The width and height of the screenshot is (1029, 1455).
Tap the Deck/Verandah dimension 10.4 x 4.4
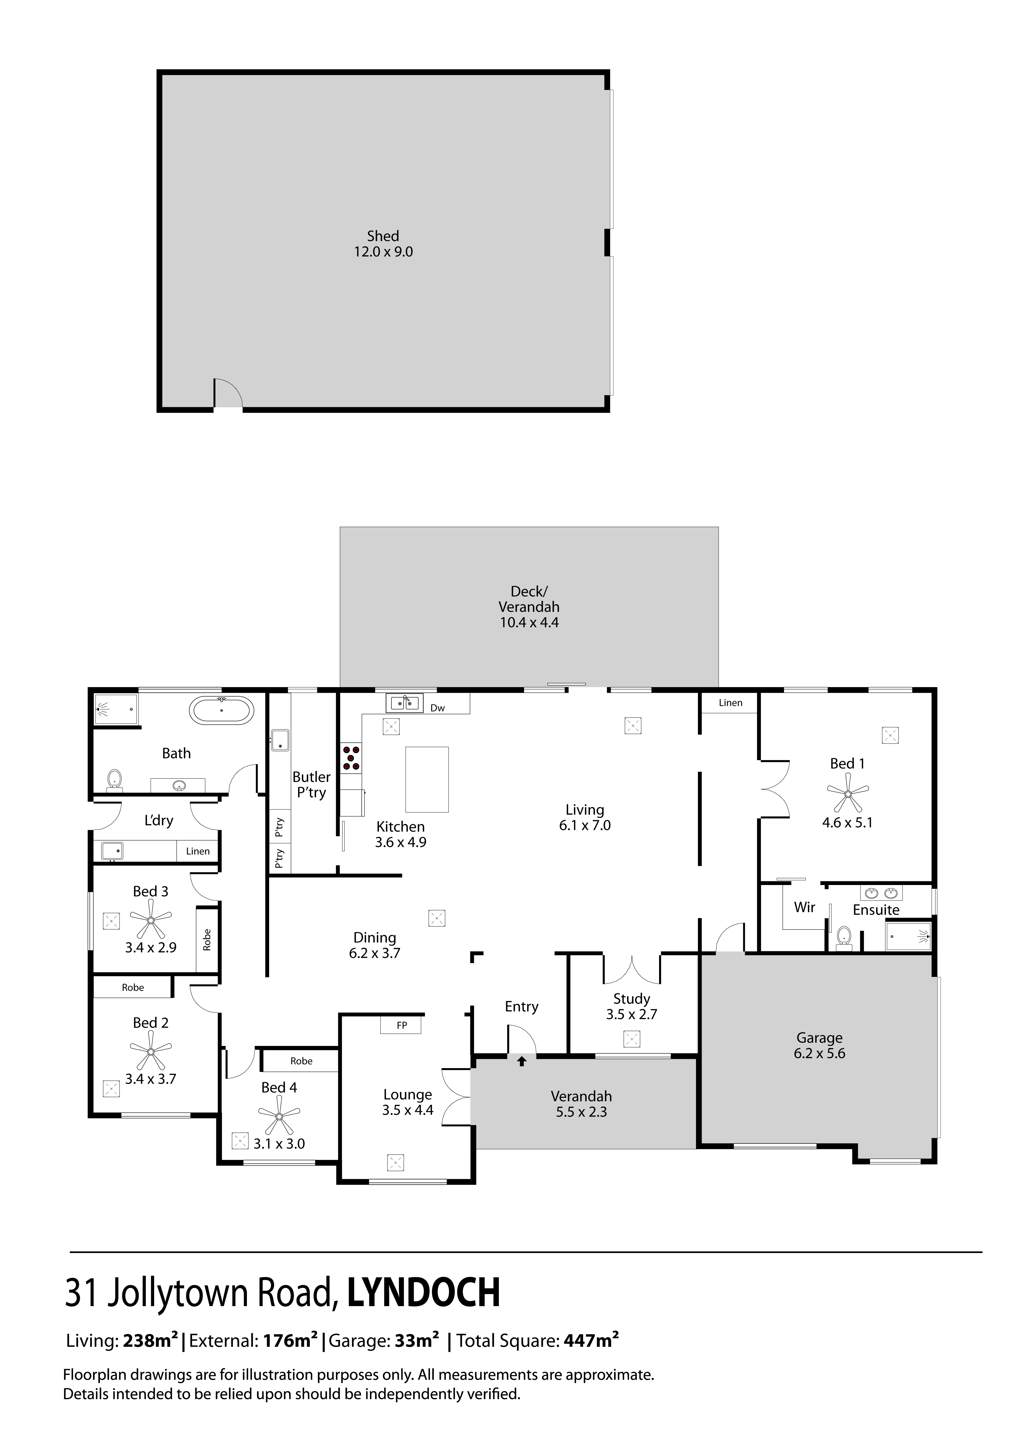pyautogui.click(x=529, y=622)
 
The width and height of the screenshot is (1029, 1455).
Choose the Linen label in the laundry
pyautogui.click(x=198, y=851)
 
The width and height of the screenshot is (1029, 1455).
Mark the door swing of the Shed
pyautogui.click(x=228, y=393)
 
